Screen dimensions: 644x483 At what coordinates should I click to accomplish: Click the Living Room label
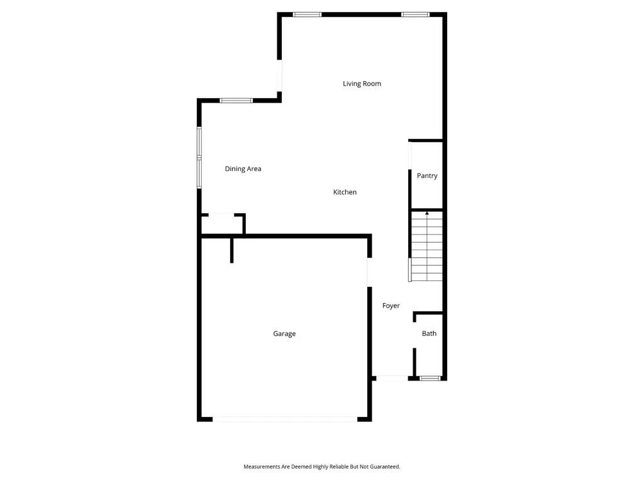tap(362, 84)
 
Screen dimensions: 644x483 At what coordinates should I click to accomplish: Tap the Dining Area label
tap(243, 169)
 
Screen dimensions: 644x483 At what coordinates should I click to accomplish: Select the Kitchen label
tap(345, 192)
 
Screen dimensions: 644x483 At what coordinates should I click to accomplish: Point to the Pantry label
tap(427, 176)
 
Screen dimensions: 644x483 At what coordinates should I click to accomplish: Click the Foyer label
tap(391, 306)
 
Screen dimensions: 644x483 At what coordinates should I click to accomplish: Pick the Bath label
tap(429, 333)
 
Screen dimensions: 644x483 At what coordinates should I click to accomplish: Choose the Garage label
tap(284, 334)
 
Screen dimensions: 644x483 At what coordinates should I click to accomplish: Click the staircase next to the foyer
tap(427, 247)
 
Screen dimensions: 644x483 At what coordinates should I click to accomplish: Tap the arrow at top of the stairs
tap(427, 213)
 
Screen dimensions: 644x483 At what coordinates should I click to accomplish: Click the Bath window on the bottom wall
tap(430, 378)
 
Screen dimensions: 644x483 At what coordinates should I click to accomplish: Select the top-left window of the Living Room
tap(307, 14)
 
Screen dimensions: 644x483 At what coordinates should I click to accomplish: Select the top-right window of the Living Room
tap(415, 14)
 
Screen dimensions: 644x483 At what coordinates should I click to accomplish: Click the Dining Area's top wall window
tap(236, 101)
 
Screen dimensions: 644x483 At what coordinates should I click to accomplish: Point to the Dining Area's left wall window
tap(199, 158)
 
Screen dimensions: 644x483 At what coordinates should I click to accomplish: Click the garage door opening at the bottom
tap(285, 419)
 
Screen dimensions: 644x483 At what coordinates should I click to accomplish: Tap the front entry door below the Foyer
tap(392, 378)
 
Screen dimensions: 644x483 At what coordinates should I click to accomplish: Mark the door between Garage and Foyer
tap(369, 272)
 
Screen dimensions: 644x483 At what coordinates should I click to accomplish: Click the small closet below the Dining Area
tap(222, 225)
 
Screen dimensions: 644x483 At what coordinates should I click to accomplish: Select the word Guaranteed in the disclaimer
tap(386, 467)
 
